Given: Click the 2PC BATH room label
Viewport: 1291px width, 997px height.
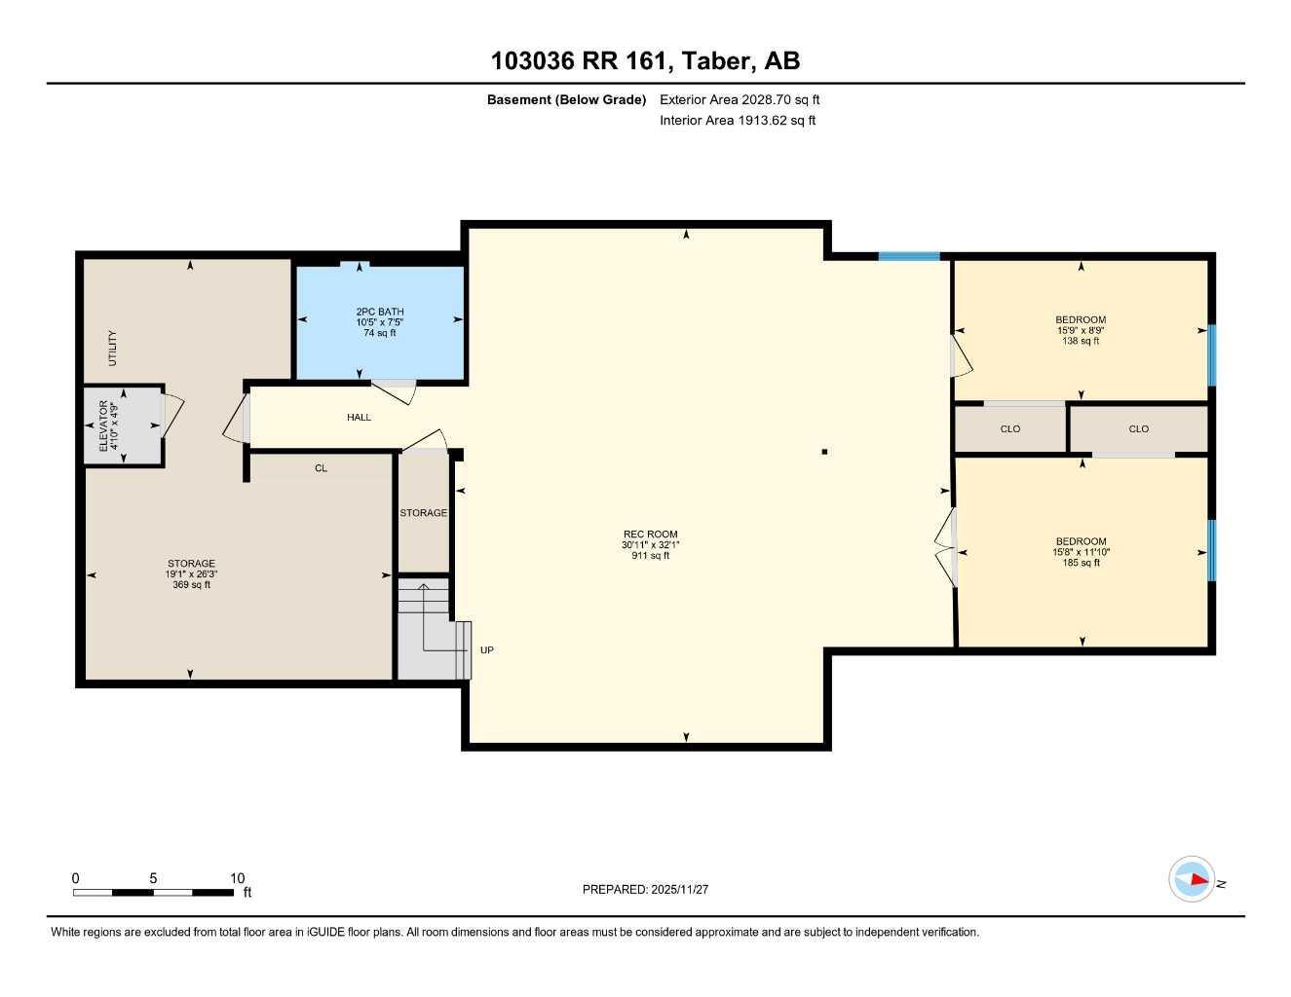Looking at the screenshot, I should [379, 312].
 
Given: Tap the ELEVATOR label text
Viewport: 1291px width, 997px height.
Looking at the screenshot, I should [103, 425].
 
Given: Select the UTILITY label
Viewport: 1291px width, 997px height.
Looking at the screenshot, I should [112, 349].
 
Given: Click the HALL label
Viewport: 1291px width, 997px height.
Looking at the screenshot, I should [359, 418].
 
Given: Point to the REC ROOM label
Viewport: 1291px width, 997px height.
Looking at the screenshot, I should [650, 534].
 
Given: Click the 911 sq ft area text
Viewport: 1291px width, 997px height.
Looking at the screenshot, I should [650, 556].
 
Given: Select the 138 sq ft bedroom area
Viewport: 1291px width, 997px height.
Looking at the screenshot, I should [1081, 341].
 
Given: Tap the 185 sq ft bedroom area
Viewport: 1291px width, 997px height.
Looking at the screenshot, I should [1081, 563].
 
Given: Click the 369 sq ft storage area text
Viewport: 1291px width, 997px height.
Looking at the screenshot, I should [191, 585].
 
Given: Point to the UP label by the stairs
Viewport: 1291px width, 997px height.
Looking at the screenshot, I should [487, 650].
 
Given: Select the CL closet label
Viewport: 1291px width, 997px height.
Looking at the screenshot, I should [321, 468].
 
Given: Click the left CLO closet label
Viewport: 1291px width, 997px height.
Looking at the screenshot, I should [1010, 429].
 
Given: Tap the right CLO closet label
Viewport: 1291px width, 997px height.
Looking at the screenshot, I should [1138, 429].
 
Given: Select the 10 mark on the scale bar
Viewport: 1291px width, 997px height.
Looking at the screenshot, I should [238, 878].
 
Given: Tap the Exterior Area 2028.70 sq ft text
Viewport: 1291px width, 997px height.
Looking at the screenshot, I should [740, 99].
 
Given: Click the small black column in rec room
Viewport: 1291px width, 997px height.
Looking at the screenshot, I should [824, 452].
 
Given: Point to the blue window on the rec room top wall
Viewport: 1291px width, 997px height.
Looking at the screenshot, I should [908, 256].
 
